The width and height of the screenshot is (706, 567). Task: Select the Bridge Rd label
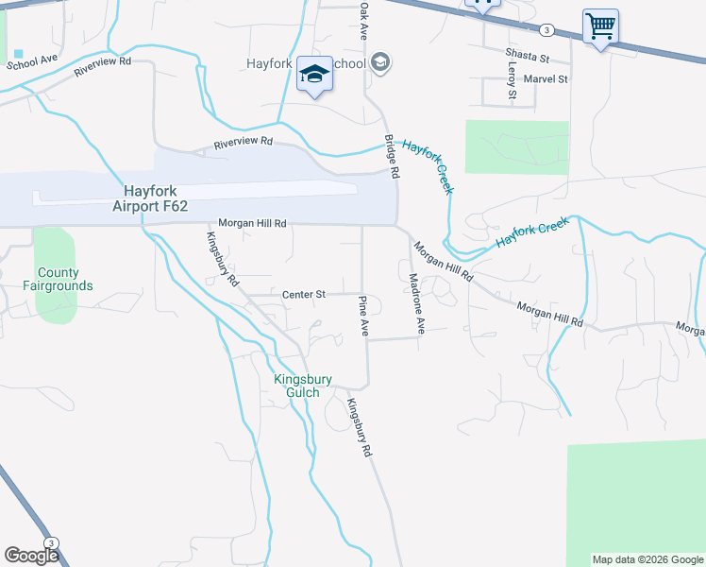point(391,155)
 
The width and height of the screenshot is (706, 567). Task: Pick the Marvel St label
point(545,79)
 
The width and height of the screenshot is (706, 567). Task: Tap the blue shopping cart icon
point(600,26)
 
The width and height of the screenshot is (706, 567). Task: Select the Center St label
point(303,295)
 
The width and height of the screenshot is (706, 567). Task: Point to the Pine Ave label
point(363,316)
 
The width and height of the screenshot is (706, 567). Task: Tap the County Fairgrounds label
point(59,279)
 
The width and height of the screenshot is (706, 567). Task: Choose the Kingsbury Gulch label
point(303,386)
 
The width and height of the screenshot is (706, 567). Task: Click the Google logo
point(30,556)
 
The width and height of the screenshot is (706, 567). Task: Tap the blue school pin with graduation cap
point(313,75)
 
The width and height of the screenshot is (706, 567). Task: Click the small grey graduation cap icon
point(379,63)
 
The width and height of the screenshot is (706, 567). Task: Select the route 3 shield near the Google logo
point(51,541)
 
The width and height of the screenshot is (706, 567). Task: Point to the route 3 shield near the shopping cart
point(546,30)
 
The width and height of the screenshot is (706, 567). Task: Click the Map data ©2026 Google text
point(647,559)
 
